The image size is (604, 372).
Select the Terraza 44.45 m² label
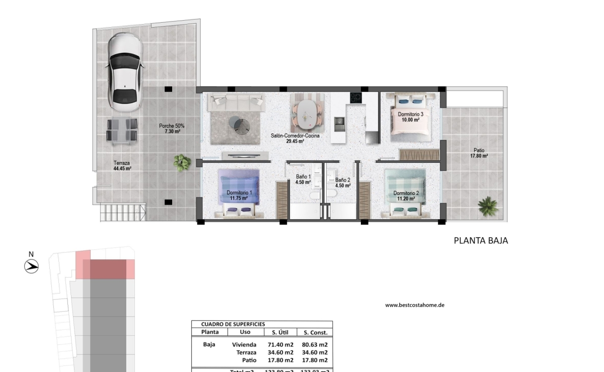pyautogui.click(x=122, y=166)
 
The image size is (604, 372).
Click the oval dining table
pyautogui.click(x=307, y=114)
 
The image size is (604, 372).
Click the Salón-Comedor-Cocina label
pyautogui.click(x=295, y=138)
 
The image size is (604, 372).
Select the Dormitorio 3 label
pyautogui.click(x=410, y=115)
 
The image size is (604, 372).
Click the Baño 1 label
pyautogui.click(x=303, y=179)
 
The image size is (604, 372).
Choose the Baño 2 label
pyautogui.click(x=343, y=182)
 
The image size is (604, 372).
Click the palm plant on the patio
pyautogui.click(x=487, y=206)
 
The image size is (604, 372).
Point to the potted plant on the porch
pyautogui.click(x=182, y=162)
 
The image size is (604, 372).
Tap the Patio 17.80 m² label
pyautogui.click(x=479, y=153)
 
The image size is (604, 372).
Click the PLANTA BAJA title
pyautogui.click(x=481, y=240)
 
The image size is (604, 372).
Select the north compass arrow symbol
pyautogui.click(x=32, y=266)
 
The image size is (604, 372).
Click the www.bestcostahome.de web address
pyautogui.click(x=415, y=305)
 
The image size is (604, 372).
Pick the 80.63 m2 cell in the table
pyautogui.click(x=313, y=345)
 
